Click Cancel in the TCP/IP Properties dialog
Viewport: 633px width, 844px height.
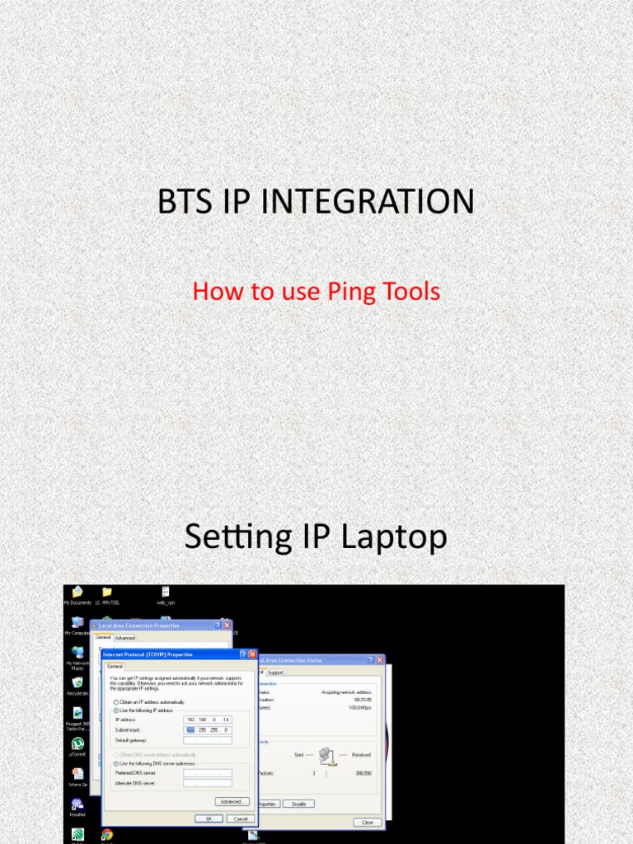240,818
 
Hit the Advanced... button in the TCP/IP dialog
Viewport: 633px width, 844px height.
232,801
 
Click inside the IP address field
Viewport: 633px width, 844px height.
207,720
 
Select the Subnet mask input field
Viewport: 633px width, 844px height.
207,730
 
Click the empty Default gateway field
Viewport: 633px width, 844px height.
207,740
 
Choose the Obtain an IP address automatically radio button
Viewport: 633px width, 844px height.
116,701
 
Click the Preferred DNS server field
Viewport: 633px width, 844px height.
207,772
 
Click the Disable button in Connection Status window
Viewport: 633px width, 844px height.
298,804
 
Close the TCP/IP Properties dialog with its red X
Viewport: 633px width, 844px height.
252,654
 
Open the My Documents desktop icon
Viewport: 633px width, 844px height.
77,592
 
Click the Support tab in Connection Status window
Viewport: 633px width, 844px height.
274,672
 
